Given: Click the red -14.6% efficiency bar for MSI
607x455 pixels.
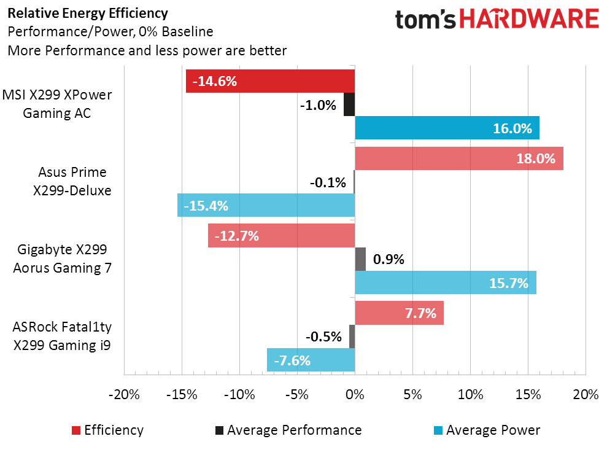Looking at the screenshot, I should [x=271, y=81].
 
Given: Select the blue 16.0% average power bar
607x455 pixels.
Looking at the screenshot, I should [x=447, y=128].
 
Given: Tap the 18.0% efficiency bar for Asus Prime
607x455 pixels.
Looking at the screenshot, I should [x=459, y=158].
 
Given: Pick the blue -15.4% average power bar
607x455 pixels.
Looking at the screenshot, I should [x=266, y=205].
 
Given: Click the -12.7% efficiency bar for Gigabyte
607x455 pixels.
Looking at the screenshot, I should [x=282, y=236].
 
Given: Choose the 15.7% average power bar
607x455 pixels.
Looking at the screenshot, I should [x=446, y=282].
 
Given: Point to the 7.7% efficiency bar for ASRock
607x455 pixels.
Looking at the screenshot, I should [x=399, y=313].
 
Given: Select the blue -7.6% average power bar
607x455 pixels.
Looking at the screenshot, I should [x=311, y=360].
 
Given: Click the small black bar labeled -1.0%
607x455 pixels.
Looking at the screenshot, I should [x=349, y=104].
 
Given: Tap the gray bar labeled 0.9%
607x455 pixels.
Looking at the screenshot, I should [x=360, y=259].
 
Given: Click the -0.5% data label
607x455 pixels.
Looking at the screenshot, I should [x=323, y=336].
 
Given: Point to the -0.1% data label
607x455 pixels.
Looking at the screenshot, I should [x=328, y=182].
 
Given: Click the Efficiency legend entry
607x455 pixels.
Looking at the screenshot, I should [x=108, y=430].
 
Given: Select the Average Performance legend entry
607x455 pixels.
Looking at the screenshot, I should [x=288, y=430].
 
